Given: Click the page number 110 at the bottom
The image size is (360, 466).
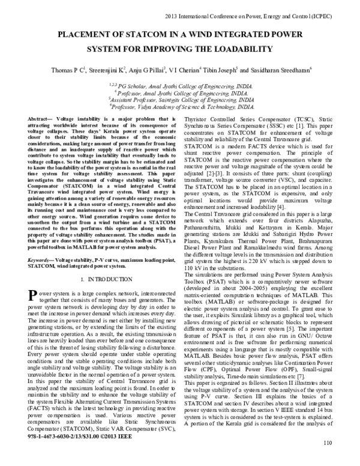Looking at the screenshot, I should (x=327, y=460).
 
